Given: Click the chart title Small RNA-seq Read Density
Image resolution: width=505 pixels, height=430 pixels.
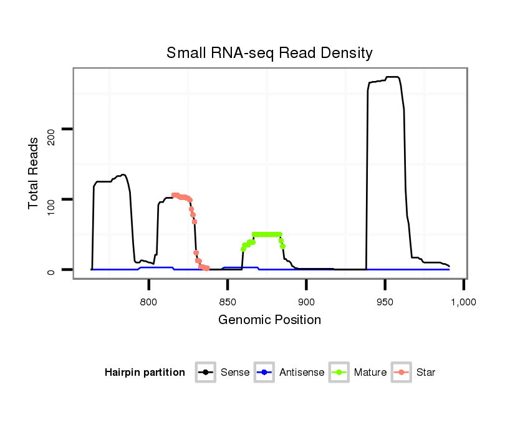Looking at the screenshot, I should click(269, 53).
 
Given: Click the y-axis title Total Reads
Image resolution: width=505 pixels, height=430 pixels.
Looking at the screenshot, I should click(34, 173).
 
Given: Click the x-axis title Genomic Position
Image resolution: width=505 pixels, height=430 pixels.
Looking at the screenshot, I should click(269, 320).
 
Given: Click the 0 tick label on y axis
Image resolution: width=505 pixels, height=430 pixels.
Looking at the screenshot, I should click(52, 270).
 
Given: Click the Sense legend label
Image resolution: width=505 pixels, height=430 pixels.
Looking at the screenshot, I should click(235, 373).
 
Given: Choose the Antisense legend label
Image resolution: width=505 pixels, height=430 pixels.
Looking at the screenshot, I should click(302, 373).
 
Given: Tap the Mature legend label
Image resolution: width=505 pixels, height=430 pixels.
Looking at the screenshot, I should click(370, 373).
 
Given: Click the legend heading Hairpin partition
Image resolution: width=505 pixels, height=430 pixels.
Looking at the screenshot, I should click(145, 373).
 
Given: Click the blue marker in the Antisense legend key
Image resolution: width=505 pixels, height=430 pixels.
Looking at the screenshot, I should click(264, 373).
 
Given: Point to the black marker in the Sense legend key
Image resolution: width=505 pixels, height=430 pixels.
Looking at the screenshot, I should click(206, 373).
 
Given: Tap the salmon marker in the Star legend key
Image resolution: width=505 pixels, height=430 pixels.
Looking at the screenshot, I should click(402, 373).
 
